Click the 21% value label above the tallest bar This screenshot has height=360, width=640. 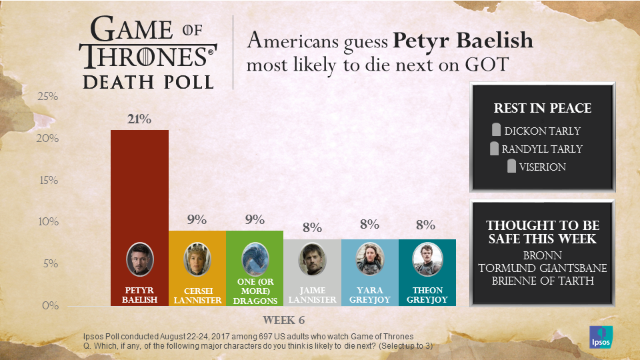point(140,119)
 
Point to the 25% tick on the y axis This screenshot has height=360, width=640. point(47,97)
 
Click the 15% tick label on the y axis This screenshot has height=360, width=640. point(47,181)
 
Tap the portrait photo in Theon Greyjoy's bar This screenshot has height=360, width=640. point(427,259)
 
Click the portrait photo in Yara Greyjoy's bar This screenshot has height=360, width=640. point(369,259)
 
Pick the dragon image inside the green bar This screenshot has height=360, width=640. point(255,259)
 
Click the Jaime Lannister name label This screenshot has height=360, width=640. point(312,295)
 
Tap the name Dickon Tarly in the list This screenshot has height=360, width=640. point(542,131)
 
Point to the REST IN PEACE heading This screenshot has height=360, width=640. point(542,109)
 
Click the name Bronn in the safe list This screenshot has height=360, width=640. point(542,255)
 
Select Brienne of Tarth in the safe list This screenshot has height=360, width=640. point(542,280)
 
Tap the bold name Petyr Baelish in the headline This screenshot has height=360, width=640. point(463,41)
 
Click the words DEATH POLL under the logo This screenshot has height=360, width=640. point(148,81)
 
